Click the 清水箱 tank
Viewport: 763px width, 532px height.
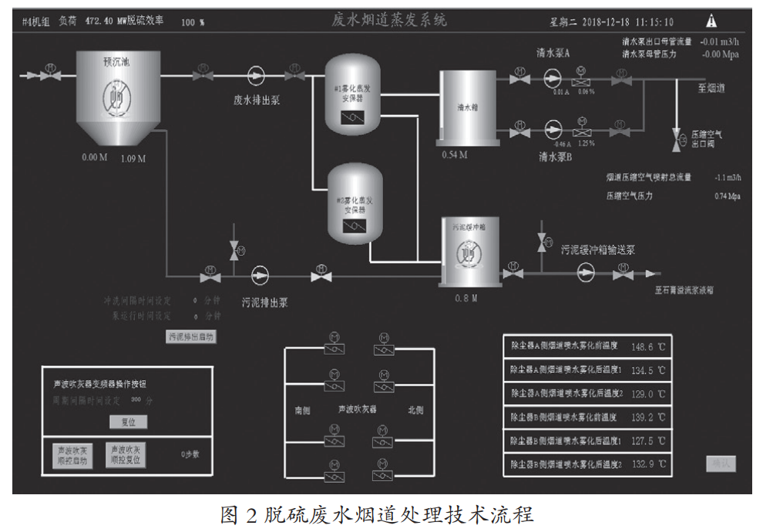tap(469, 108)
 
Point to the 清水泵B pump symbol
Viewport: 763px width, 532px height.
tap(552, 129)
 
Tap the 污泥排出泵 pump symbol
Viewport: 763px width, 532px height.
tap(260, 274)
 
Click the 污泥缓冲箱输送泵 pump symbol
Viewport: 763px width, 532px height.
tap(587, 273)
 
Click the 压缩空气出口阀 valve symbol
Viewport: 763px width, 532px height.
tap(677, 139)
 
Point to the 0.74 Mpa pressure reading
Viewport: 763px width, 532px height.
tap(727, 196)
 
